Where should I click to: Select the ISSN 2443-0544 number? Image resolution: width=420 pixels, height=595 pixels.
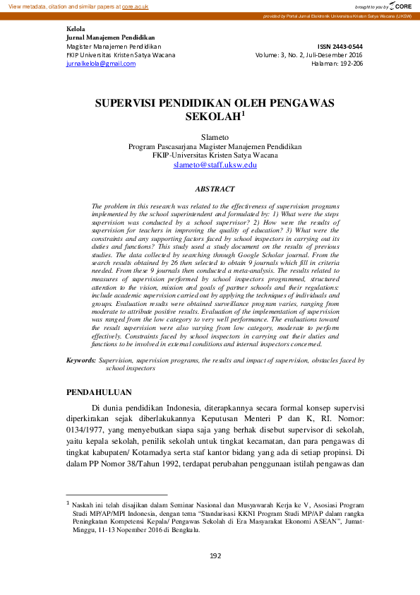point(344,45)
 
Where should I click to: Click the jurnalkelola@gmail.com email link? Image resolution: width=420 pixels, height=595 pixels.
point(100,64)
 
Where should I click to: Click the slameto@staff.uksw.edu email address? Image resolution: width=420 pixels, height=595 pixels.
point(215,165)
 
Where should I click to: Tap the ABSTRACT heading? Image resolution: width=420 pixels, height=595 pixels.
point(215,189)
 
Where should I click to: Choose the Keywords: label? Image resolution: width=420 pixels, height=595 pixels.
point(81,360)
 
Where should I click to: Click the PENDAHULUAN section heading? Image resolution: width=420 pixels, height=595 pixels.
point(98,391)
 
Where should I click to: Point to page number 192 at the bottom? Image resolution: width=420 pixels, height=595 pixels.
point(215,555)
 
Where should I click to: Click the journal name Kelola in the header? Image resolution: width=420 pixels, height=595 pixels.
point(75,29)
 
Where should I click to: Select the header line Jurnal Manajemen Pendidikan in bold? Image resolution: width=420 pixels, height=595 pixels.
point(110,37)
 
